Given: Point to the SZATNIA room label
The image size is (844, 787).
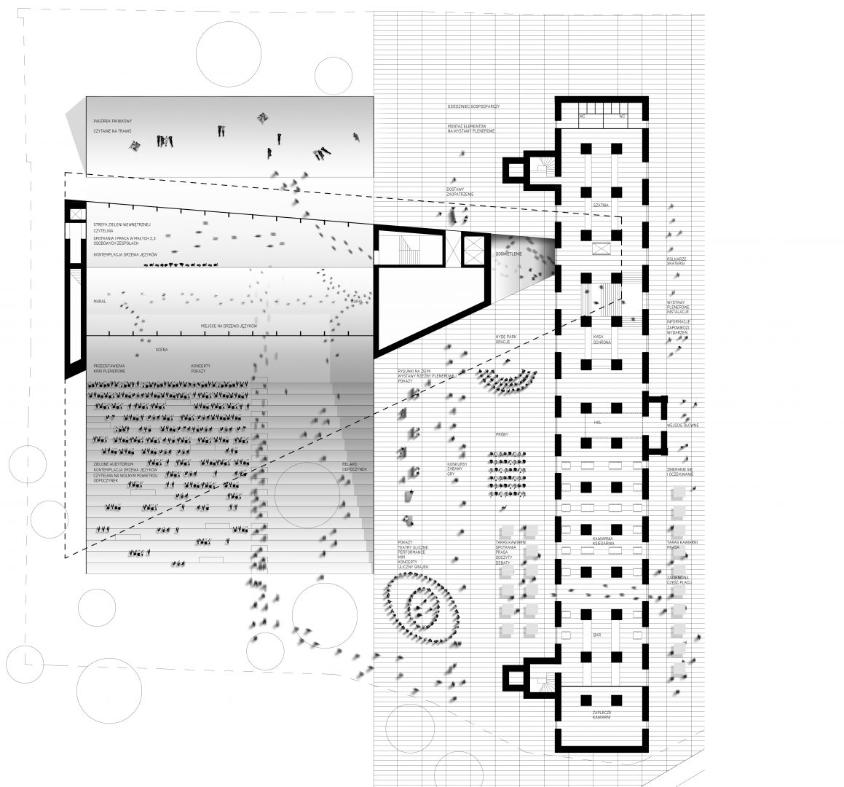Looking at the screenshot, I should point(601,206).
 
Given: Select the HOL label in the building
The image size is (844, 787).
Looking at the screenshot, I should point(597,423).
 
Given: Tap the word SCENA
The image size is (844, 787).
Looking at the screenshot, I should point(162,350).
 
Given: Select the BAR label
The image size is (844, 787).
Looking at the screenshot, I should point(597,636).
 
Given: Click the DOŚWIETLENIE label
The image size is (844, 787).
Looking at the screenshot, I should point(508,254).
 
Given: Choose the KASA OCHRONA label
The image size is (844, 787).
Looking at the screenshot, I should point(602,340).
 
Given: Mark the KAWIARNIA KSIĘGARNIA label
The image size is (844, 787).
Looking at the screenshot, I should point(602,541).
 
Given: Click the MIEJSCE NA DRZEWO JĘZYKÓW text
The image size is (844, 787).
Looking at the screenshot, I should point(230,326).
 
